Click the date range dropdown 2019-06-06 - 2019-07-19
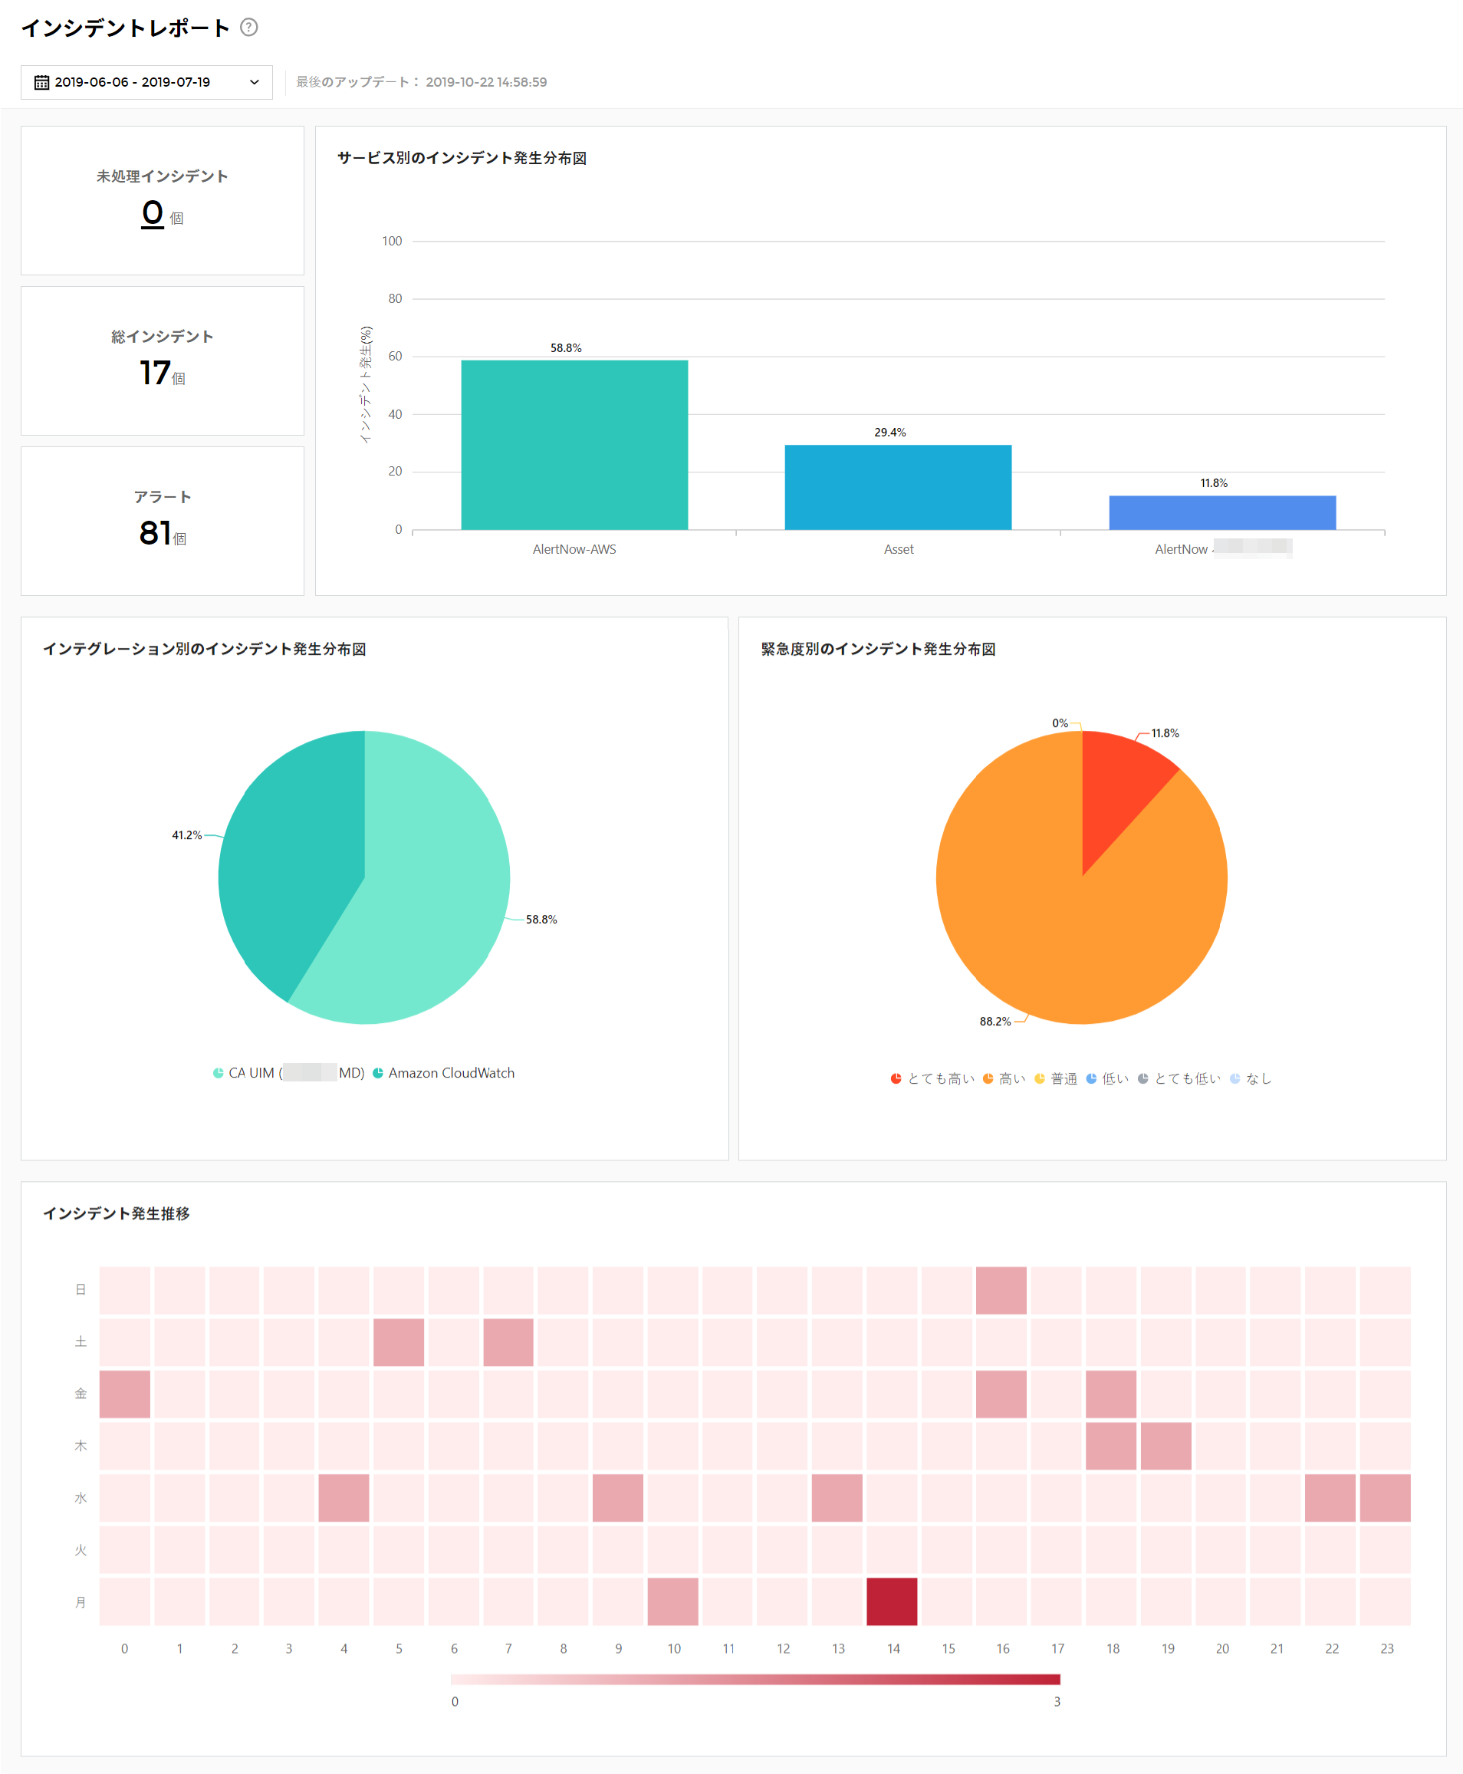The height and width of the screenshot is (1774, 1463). coord(146,82)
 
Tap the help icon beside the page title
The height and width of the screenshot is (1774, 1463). coord(248,27)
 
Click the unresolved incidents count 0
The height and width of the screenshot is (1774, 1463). coord(153,212)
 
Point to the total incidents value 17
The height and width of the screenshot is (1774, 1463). coord(155,373)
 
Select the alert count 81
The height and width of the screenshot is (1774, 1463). coord(155,532)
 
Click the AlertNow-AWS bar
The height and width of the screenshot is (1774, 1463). coord(574,445)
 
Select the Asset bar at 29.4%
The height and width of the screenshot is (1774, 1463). coord(898,487)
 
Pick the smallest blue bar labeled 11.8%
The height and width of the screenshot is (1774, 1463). coord(1221,512)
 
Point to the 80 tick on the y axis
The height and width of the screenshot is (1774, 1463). coord(394,298)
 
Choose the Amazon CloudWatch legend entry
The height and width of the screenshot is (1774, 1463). coord(444,1073)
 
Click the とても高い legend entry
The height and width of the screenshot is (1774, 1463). coord(933,1078)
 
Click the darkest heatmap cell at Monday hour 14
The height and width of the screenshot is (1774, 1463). coord(892,1601)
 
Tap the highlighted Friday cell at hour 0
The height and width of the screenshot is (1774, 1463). coord(125,1394)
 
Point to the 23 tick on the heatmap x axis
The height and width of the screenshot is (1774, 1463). coord(1386,1648)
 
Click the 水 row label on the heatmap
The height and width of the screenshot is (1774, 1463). coord(81,1498)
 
